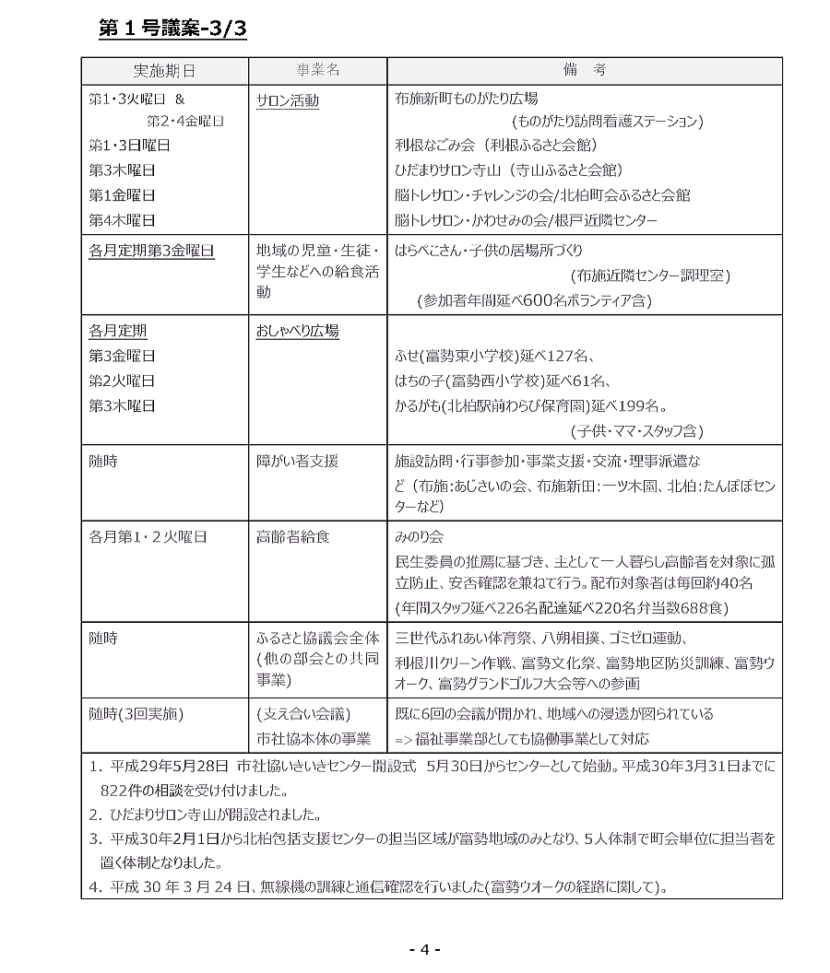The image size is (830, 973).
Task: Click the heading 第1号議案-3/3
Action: click(x=172, y=30)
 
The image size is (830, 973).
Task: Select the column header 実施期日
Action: click(x=164, y=71)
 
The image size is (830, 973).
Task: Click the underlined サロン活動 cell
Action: click(x=288, y=100)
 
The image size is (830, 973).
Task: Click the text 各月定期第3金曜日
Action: click(x=151, y=250)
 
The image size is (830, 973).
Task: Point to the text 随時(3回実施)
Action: click(x=136, y=714)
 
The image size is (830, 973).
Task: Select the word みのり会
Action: click(x=419, y=537)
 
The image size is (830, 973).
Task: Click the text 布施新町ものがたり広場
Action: click(x=466, y=98)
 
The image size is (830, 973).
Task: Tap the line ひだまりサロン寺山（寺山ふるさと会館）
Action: click(x=508, y=170)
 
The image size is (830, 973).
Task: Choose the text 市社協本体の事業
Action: click(x=314, y=739)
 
